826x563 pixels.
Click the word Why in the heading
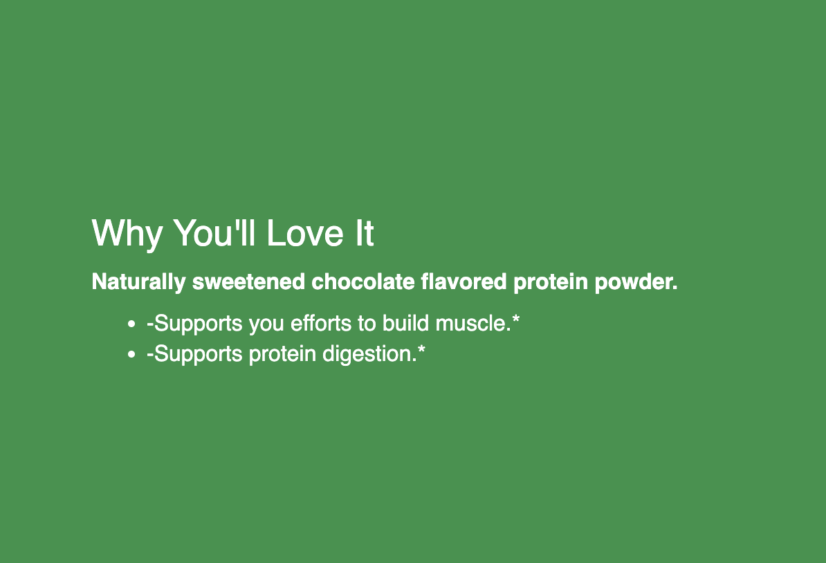click(x=127, y=234)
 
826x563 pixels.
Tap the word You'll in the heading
click(x=214, y=232)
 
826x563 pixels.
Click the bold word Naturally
click(x=138, y=282)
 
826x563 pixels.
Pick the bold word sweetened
click(x=248, y=281)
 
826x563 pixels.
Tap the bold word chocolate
click(x=363, y=281)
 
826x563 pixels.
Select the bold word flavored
click(x=464, y=281)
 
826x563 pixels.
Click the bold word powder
click(x=636, y=282)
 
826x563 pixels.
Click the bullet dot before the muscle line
click(x=131, y=324)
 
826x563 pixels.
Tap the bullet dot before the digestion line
click(x=131, y=354)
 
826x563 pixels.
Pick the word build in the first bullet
click(x=405, y=323)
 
